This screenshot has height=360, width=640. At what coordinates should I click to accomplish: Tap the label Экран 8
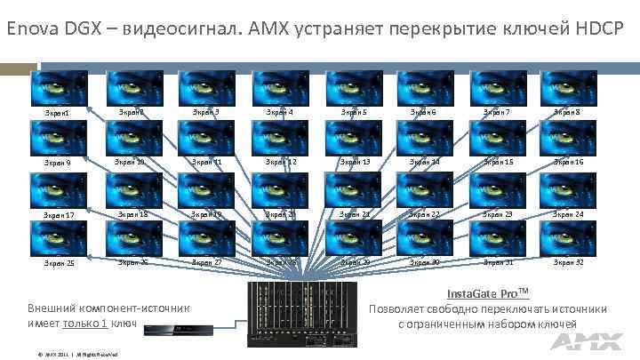566,112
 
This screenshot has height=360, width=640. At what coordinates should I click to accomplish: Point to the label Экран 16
566,163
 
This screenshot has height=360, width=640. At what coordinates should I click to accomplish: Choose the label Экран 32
566,262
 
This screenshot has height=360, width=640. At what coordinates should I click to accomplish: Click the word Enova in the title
34,28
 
